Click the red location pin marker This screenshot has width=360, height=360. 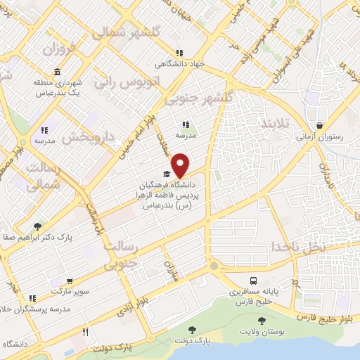click(x=181, y=164)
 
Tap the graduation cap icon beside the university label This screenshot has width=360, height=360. click(x=166, y=174)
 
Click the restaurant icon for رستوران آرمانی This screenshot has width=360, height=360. click(x=321, y=127)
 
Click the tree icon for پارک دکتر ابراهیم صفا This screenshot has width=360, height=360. click(x=37, y=226)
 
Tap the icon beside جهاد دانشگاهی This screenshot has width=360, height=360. click(x=180, y=52)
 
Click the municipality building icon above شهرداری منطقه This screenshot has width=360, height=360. click(x=56, y=72)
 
